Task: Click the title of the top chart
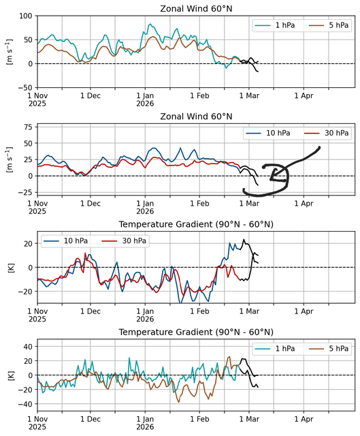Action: click(196, 9)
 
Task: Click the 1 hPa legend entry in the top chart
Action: click(275, 25)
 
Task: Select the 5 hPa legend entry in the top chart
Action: click(329, 25)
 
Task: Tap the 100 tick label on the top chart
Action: click(26, 16)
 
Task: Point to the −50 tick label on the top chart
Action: click(25, 88)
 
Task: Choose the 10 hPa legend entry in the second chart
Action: click(268, 134)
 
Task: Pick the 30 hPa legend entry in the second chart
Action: click(327, 134)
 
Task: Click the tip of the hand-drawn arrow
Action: click(270, 179)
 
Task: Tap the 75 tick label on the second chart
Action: click(28, 127)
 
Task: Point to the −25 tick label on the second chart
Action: click(25, 192)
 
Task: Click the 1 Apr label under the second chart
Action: click(304, 204)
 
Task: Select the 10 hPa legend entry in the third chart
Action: click(65, 240)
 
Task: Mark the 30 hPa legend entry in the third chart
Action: click(124, 240)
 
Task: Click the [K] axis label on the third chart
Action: click(12, 267)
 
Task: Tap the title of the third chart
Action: click(196, 224)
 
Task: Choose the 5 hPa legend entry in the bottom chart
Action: click(329, 349)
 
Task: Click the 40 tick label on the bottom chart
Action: click(28, 347)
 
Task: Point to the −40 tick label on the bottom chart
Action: click(25, 404)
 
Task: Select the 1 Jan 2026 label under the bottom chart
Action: click(145, 423)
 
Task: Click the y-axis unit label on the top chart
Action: click(10, 52)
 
